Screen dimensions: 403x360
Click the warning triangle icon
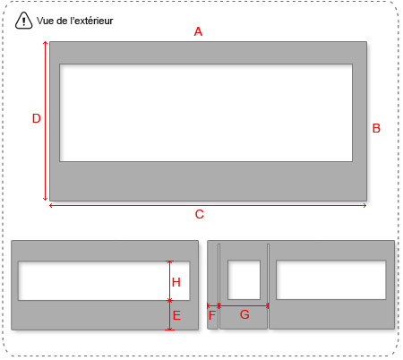(23, 21)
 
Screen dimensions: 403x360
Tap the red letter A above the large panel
(198, 31)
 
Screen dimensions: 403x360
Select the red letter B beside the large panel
(376, 128)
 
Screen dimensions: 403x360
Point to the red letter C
(200, 214)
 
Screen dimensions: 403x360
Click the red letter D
(37, 118)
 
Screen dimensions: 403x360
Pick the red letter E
(176, 315)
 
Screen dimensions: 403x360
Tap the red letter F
(212, 315)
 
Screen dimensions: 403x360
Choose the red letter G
(244, 314)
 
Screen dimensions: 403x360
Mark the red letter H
(176, 282)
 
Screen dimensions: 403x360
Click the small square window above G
(244, 280)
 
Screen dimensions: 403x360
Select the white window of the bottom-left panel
(104, 281)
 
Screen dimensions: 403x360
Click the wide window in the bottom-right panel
(331, 280)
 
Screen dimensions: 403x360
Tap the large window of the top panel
(206, 113)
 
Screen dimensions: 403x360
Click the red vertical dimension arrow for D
(45, 121)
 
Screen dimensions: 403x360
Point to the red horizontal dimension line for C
(208, 205)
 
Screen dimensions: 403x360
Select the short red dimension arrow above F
(213, 305)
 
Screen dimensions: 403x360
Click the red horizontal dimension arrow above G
(244, 305)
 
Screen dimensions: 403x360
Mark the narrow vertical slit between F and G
(219, 287)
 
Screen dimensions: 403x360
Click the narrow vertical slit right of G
(268, 287)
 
